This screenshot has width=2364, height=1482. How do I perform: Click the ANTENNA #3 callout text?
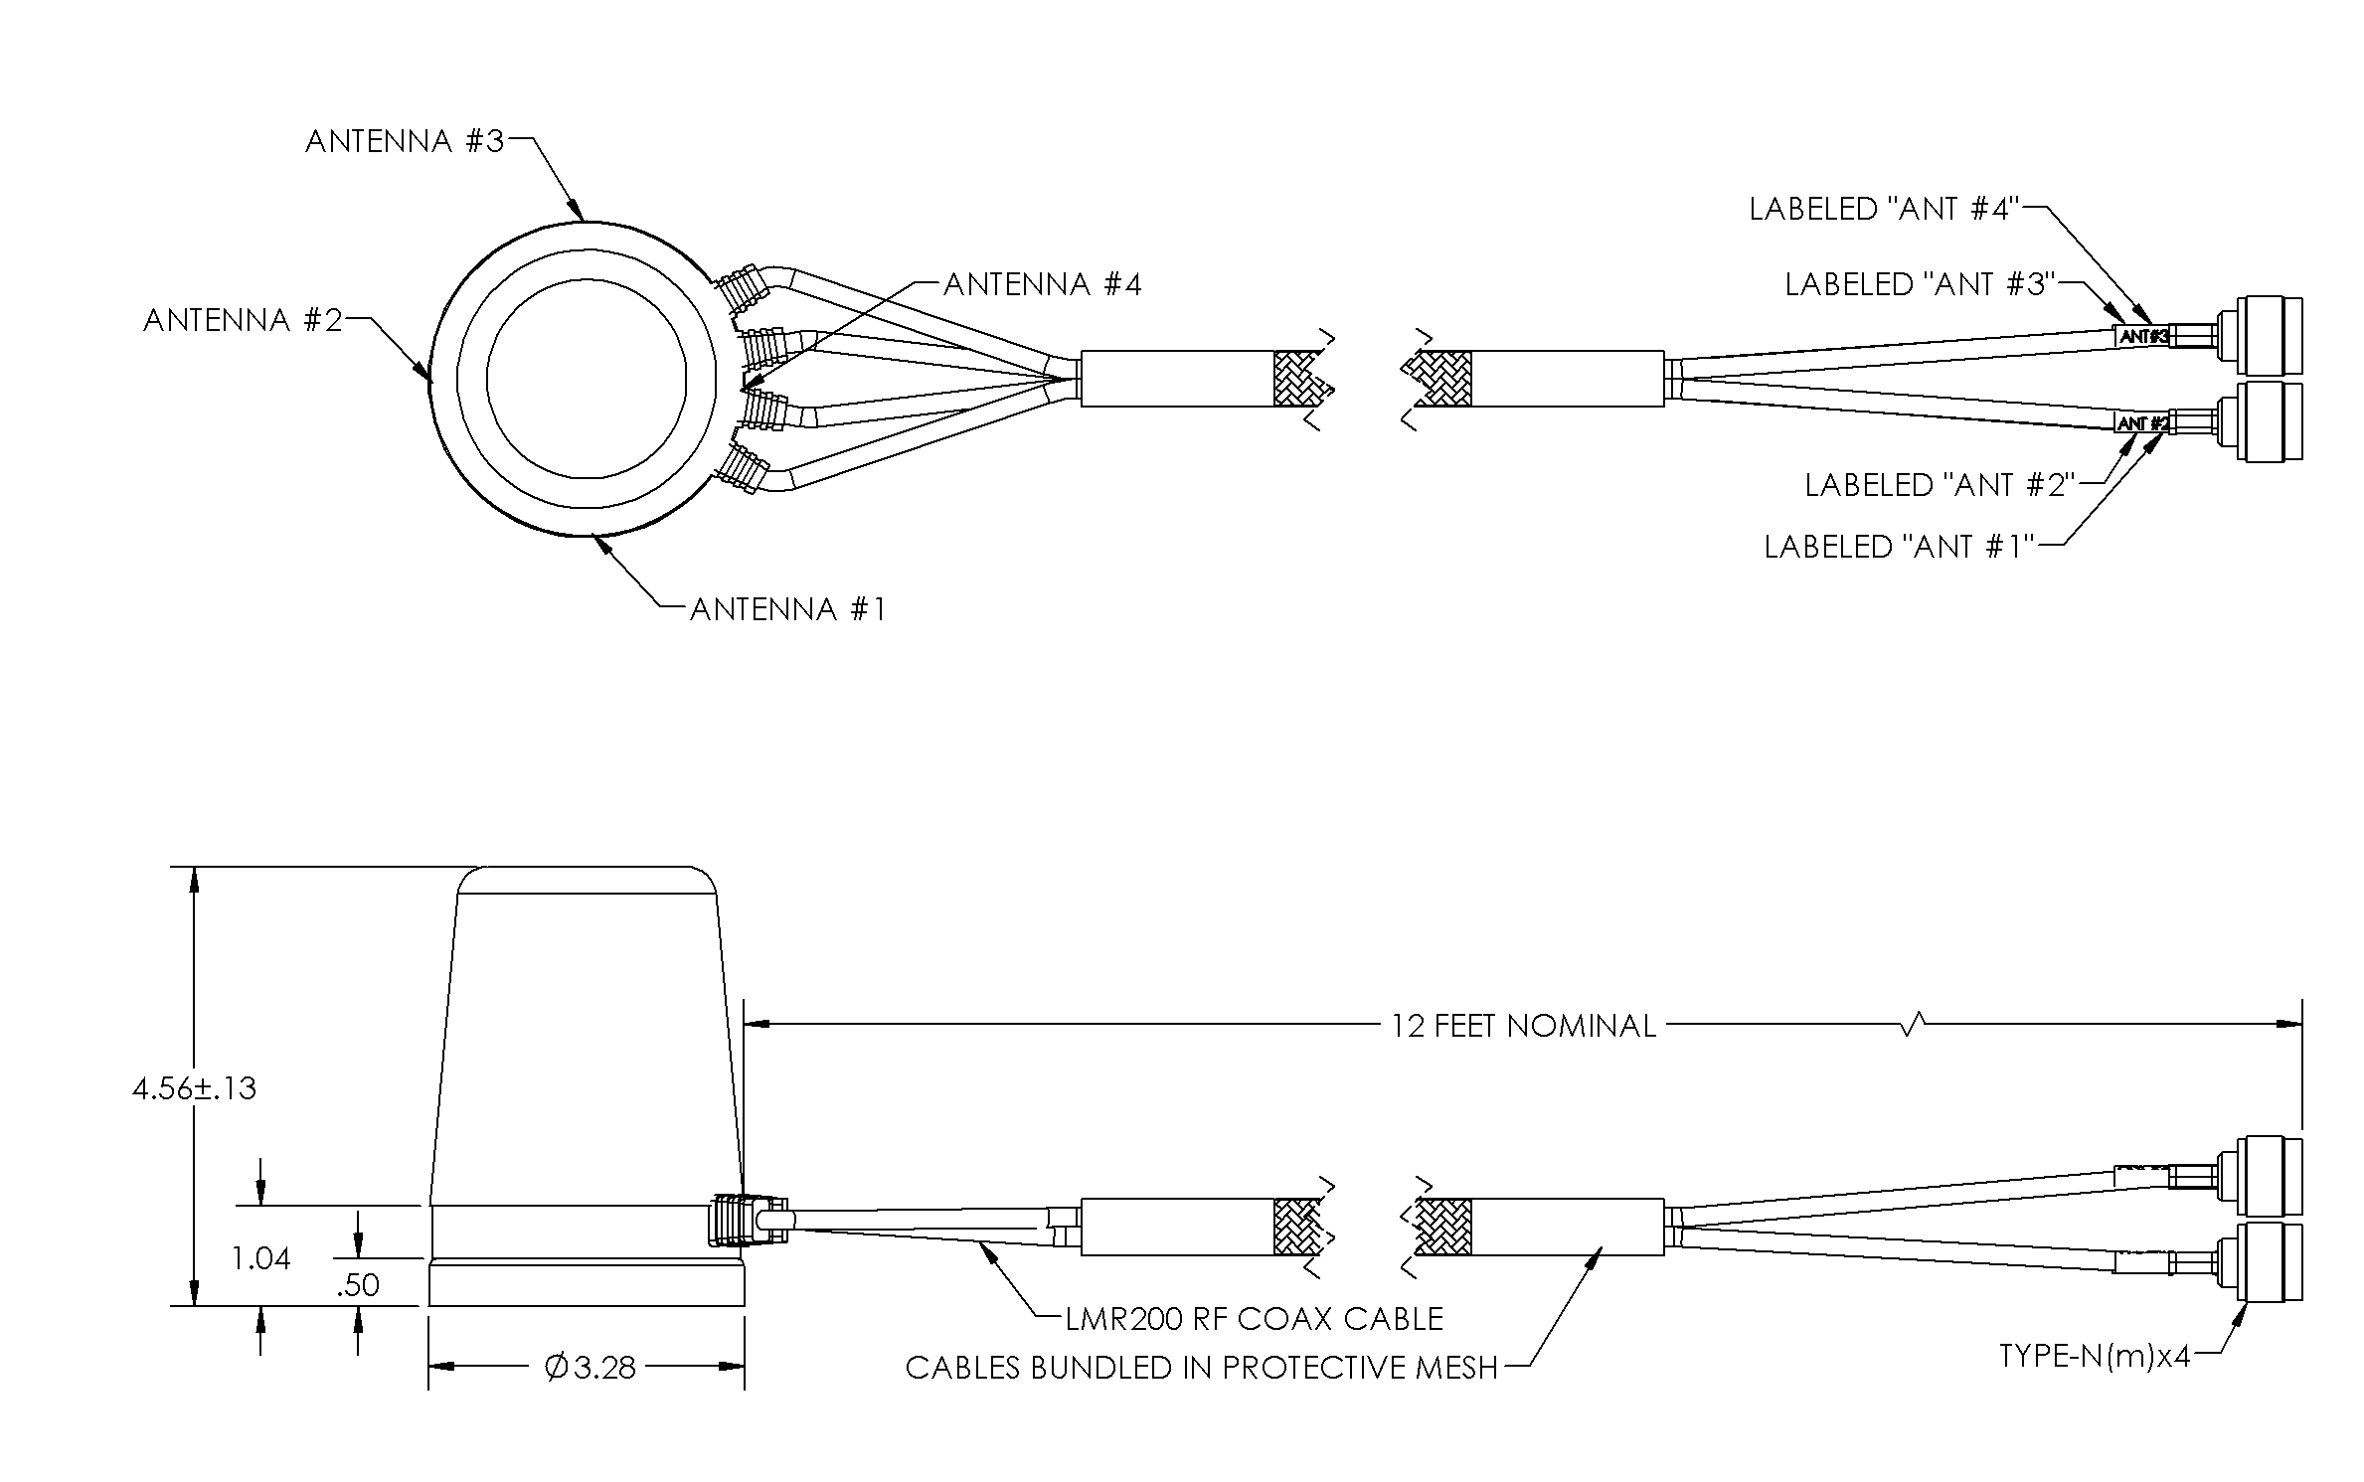[x=405, y=142]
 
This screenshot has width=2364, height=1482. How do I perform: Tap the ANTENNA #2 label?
[x=243, y=320]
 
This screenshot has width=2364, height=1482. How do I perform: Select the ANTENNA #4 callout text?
[x=1042, y=285]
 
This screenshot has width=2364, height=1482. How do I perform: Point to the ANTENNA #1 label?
[x=787, y=609]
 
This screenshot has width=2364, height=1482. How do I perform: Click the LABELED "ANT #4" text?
[x=1882, y=210]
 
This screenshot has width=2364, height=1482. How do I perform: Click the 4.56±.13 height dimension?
[x=194, y=1088]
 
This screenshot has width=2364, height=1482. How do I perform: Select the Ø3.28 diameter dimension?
[x=590, y=1369]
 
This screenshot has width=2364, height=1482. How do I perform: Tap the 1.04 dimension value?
[x=260, y=1259]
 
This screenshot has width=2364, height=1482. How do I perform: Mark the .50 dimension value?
[x=358, y=1285]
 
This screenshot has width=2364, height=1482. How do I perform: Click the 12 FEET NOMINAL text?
[x=1523, y=1026]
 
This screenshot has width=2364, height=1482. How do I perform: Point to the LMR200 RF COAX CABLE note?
[x=1254, y=1319]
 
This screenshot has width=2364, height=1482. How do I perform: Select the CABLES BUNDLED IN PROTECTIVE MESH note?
[x=1201, y=1369]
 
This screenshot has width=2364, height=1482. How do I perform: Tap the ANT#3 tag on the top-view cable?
[x=2142, y=336]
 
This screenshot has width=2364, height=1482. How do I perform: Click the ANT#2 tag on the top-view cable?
[x=2142, y=423]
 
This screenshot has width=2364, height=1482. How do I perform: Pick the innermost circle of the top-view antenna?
[x=587, y=379]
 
